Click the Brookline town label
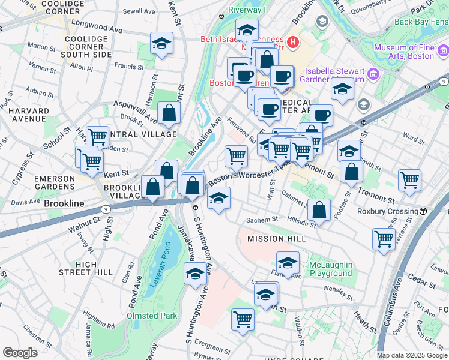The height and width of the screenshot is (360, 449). pyautogui.click(x=64, y=203)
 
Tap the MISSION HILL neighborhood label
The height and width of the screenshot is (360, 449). pyautogui.click(x=277, y=239)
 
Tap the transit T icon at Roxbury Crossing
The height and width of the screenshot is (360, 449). pyautogui.click(x=423, y=211)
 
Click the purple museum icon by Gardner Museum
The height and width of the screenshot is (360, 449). pyautogui.click(x=373, y=74)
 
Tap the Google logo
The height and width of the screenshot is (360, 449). pyautogui.click(x=20, y=353)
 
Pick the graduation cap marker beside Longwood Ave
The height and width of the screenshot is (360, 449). pyautogui.click(x=161, y=44)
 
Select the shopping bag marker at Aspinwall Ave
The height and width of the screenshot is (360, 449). pyautogui.click(x=169, y=112)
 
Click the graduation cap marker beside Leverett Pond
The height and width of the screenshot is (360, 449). pyautogui.click(x=195, y=274)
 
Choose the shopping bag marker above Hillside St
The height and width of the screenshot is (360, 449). pyautogui.click(x=319, y=210)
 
